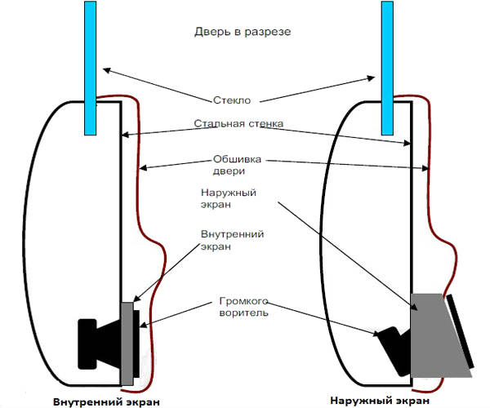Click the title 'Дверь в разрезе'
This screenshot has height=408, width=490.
(x=243, y=32)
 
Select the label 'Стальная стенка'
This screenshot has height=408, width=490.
(x=238, y=124)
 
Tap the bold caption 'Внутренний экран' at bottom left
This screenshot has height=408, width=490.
(x=106, y=401)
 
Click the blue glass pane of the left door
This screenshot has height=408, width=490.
(x=89, y=65)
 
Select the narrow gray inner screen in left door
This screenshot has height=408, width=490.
(x=127, y=343)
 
